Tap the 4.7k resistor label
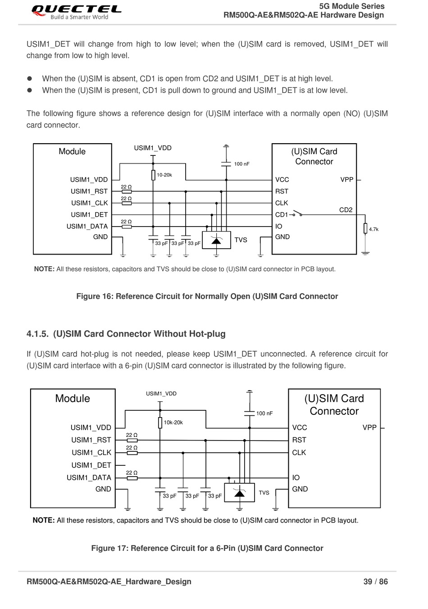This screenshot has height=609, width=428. pyautogui.click(x=373, y=229)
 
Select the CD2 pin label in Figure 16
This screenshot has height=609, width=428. pyautogui.click(x=346, y=210)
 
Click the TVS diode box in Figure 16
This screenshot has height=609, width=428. pyautogui.click(x=216, y=240)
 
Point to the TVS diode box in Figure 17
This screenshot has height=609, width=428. pyautogui.click(x=239, y=492)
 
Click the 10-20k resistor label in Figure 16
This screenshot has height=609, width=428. pyautogui.click(x=164, y=175)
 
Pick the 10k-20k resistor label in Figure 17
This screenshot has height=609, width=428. pyautogui.click(x=173, y=422)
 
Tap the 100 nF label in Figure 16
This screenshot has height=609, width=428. pyautogui.click(x=242, y=164)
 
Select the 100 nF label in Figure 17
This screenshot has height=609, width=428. pyautogui.click(x=264, y=413)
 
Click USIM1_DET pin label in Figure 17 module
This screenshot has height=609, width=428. pyautogui.click(x=91, y=465)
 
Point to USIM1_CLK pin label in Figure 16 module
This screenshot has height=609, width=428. pyautogui.click(x=90, y=203)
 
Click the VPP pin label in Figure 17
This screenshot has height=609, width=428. pyautogui.click(x=369, y=427)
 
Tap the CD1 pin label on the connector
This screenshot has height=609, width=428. pyautogui.click(x=282, y=215)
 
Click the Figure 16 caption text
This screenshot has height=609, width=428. pyautogui.click(x=207, y=296)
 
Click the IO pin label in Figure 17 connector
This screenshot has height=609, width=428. pyautogui.click(x=296, y=477)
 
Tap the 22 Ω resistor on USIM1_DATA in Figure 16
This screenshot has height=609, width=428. pyautogui.click(x=127, y=227)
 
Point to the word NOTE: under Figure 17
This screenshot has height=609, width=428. pyautogui.click(x=44, y=520)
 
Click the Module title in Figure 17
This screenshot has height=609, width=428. pyautogui.click(x=73, y=398)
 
